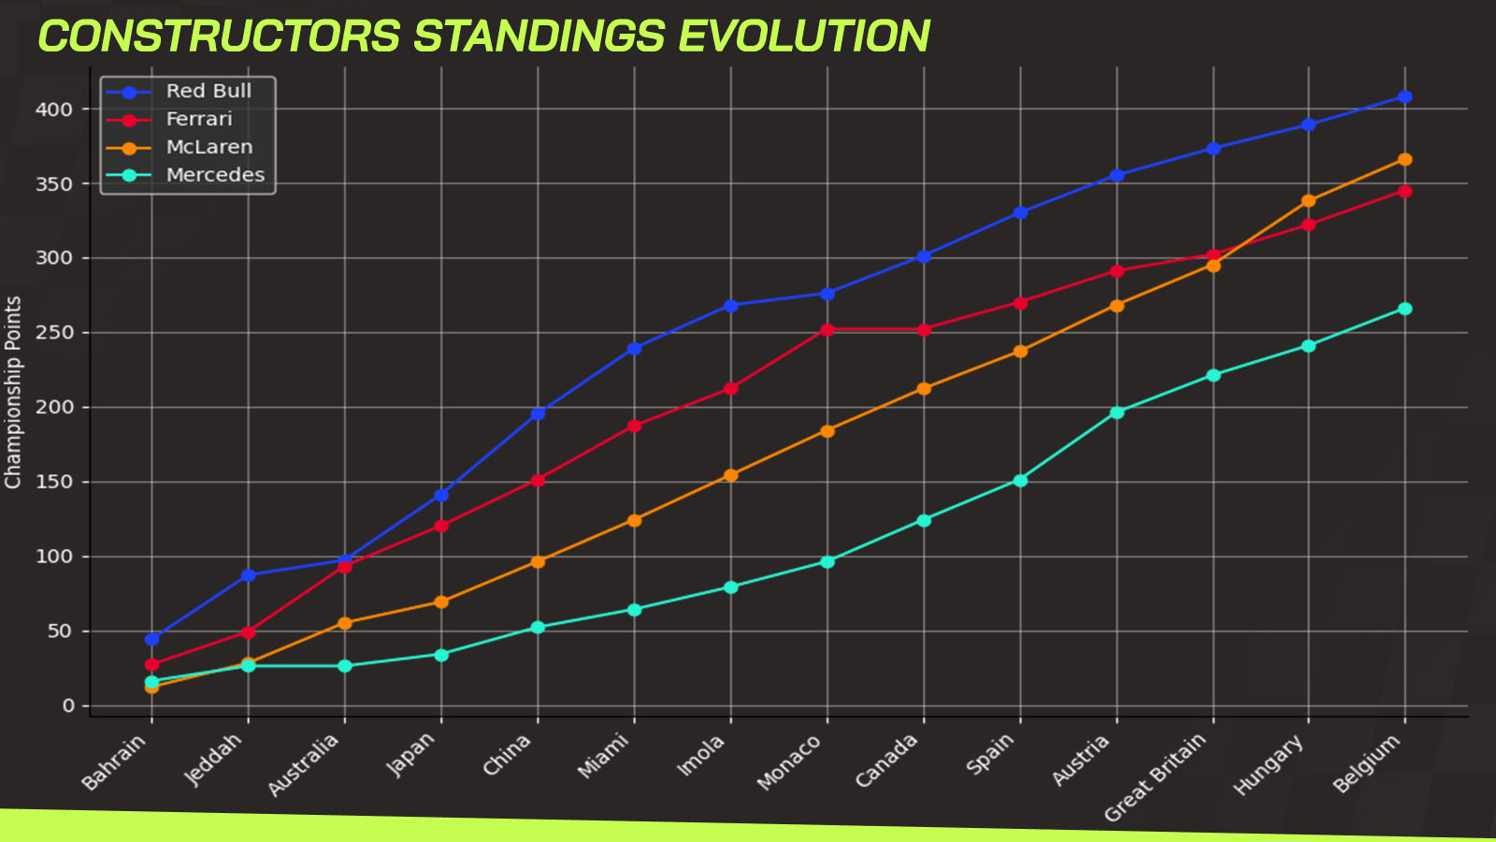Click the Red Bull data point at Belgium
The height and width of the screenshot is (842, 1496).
(1404, 97)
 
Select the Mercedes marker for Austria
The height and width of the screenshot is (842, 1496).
(1116, 413)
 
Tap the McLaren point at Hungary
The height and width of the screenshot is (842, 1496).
(1308, 200)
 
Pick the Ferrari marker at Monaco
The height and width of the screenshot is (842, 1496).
(827, 329)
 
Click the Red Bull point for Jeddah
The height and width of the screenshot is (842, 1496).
(249, 574)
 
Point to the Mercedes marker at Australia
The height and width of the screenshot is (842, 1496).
(345, 665)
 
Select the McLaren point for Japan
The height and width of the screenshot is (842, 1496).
(440, 602)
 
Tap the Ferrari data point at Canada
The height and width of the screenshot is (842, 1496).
(924, 329)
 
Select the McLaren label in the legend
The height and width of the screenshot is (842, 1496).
(209, 147)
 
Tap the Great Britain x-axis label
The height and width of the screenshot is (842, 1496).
(1155, 777)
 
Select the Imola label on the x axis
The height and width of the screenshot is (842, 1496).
(700, 755)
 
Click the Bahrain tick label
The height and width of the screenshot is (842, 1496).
(113, 762)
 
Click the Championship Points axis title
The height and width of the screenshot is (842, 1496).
(13, 392)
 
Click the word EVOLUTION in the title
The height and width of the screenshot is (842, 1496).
(804, 36)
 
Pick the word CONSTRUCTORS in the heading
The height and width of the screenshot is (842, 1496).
(220, 36)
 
